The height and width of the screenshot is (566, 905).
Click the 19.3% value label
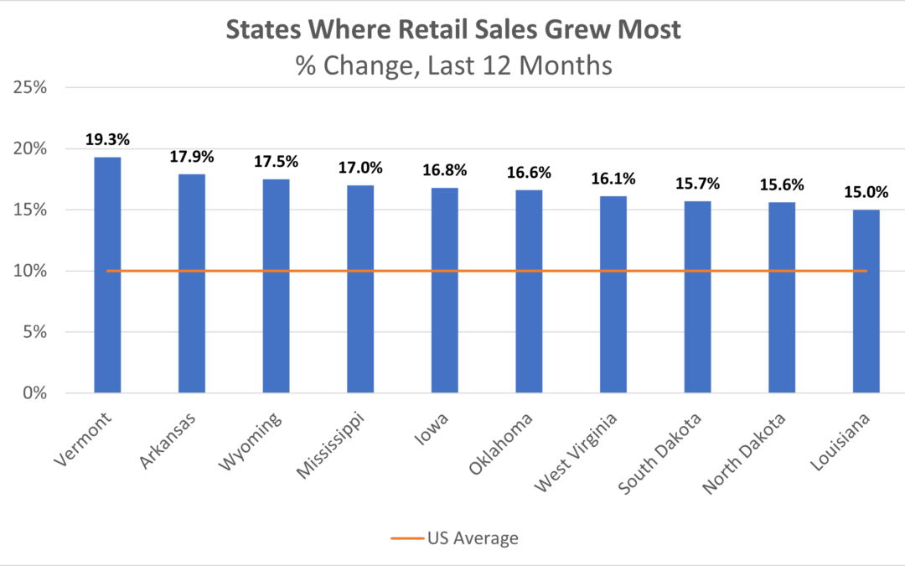click(107, 139)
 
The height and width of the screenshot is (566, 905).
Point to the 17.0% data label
click(360, 168)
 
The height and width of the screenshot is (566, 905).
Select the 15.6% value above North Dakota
click(781, 184)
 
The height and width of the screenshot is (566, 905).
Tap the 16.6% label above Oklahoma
click(529, 173)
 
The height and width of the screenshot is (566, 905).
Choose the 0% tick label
click(33, 393)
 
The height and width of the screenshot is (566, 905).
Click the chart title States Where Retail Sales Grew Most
click(452, 31)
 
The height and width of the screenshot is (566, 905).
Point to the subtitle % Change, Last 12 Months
click(452, 65)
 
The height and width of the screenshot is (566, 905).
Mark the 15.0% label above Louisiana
click(866, 192)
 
